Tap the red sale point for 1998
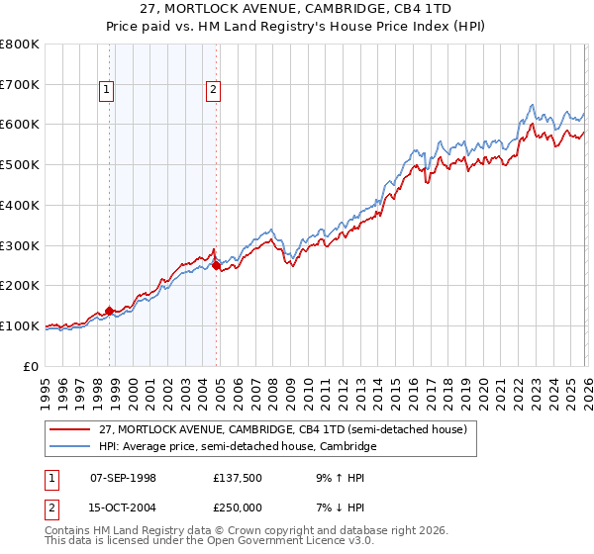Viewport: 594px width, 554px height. coord(109,311)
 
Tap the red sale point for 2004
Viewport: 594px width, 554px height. coord(216,265)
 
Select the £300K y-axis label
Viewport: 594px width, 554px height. coord(20,245)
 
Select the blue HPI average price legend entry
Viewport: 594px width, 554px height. coord(238,447)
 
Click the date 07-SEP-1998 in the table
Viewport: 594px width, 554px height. coord(124,477)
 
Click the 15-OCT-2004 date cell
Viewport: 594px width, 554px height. coord(124,508)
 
